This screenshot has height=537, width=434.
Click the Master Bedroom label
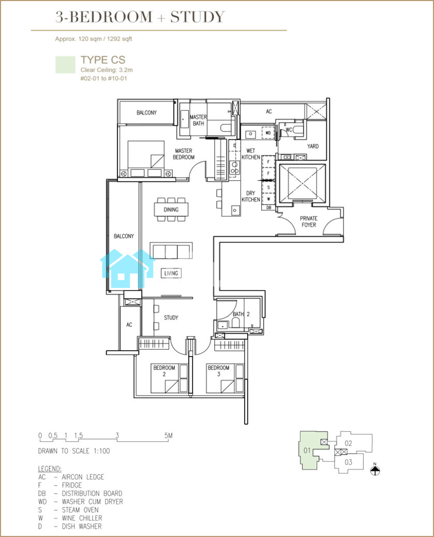[184, 154]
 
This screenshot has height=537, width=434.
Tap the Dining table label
[171, 210]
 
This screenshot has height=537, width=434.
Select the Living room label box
[171, 273]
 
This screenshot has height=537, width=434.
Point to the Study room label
[171, 317]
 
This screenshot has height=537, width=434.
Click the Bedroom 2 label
[164, 371]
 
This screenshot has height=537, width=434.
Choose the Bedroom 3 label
[218, 371]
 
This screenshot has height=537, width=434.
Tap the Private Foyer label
[308, 222]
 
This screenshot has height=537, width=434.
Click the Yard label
[312, 146]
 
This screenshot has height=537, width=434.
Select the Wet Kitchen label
[251, 154]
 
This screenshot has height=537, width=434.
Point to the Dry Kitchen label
[251, 196]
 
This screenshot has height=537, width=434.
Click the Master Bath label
[198, 120]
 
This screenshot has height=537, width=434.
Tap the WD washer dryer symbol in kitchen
[268, 133]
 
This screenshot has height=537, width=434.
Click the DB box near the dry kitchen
[268, 208]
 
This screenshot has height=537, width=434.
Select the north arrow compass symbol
[375, 470]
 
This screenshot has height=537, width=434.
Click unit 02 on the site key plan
[348, 443]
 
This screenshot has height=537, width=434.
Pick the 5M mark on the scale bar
[168, 436]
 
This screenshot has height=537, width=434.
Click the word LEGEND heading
[50, 469]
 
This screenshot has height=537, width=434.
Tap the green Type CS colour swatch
[65, 65]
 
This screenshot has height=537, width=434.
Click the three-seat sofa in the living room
[171, 251]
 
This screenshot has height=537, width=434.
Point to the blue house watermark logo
[127, 269]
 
